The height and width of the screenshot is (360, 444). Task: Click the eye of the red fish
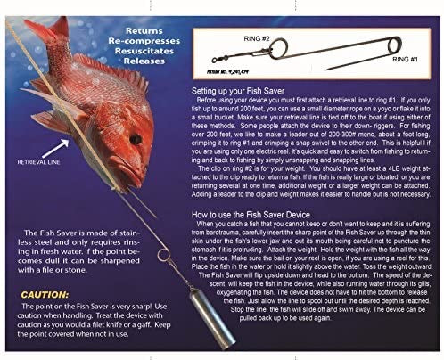click(x=134, y=139)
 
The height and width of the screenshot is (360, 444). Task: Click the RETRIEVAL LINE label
click(x=38, y=163)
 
